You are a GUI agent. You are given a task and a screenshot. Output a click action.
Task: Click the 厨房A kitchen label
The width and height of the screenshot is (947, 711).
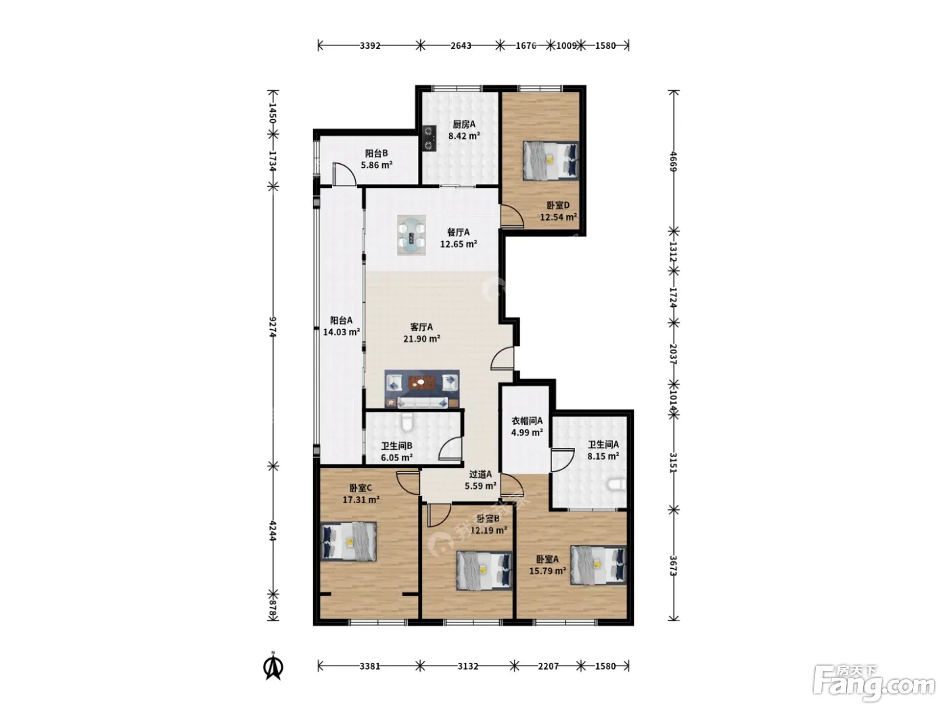click(464, 125)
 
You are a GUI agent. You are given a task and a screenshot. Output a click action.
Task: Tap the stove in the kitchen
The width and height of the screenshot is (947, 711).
click(429, 138)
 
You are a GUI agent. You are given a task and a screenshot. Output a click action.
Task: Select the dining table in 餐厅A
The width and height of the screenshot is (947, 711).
click(411, 235)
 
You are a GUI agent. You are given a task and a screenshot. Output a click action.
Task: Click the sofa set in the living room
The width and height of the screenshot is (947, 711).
click(421, 389)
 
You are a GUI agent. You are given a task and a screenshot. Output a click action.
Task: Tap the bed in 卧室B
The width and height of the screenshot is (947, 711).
click(484, 570)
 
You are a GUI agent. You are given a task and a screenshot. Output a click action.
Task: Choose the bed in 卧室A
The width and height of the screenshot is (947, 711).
click(598, 565)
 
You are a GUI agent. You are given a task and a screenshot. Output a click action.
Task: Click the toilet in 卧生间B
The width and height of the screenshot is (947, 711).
click(407, 423)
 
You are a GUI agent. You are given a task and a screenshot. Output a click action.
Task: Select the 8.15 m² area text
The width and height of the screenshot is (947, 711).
click(603, 456)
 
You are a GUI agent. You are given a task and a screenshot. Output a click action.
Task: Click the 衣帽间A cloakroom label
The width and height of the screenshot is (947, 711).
click(527, 421)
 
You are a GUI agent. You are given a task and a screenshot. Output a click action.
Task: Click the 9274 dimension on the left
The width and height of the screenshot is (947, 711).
click(273, 327)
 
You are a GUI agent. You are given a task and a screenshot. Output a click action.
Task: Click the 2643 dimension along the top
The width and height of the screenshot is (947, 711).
click(461, 45)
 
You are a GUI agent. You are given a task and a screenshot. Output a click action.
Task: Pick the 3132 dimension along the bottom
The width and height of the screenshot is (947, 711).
click(467, 666)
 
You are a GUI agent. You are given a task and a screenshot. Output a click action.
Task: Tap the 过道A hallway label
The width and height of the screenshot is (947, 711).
click(480, 475)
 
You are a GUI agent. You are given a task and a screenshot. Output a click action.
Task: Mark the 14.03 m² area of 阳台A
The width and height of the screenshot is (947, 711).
click(342, 332)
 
